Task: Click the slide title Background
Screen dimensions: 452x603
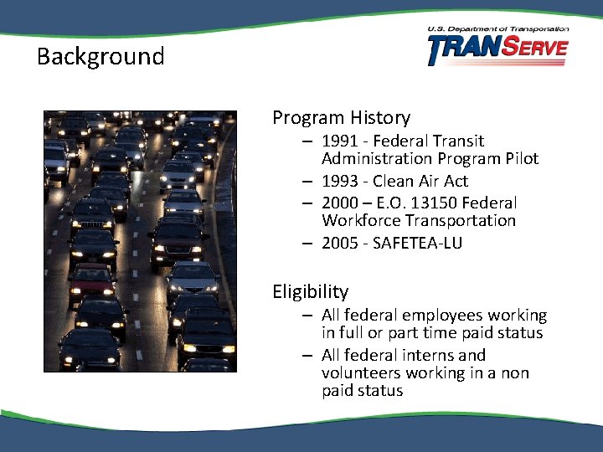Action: pos(100,57)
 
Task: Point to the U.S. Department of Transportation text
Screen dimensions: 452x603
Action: pos(497,29)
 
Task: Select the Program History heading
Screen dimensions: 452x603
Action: pos(341,118)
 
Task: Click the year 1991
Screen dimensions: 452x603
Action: pos(340,141)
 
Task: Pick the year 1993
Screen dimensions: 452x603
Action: pos(340,182)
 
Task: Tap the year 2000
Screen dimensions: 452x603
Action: pos(340,203)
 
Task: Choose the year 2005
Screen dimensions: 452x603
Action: pos(340,244)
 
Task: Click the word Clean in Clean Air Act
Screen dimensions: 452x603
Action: pos(394,182)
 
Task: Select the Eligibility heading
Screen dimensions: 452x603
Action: pos(310,292)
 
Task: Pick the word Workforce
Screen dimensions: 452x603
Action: pos(361,221)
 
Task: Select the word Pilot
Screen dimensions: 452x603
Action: pos(519,159)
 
